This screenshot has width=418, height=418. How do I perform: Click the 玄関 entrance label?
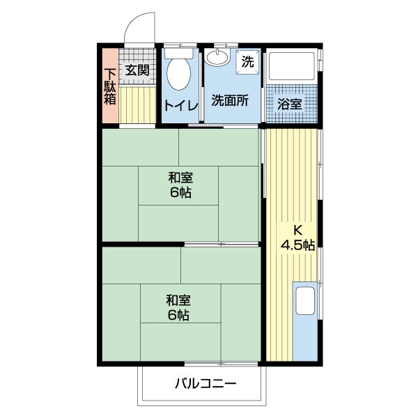[x=137, y=70]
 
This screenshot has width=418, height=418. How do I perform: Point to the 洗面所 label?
[x=230, y=100]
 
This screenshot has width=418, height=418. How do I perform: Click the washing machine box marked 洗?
[x=247, y=60]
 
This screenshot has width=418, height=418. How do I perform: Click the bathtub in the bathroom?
[x=293, y=68]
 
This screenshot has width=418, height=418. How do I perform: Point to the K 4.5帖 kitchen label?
[x=297, y=237]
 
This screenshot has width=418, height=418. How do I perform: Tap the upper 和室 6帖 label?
[x=180, y=185]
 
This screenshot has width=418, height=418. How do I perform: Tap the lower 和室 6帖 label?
[x=179, y=308]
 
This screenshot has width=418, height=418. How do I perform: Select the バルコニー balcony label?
[x=205, y=383]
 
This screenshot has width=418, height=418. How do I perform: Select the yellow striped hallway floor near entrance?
[x=137, y=104]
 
